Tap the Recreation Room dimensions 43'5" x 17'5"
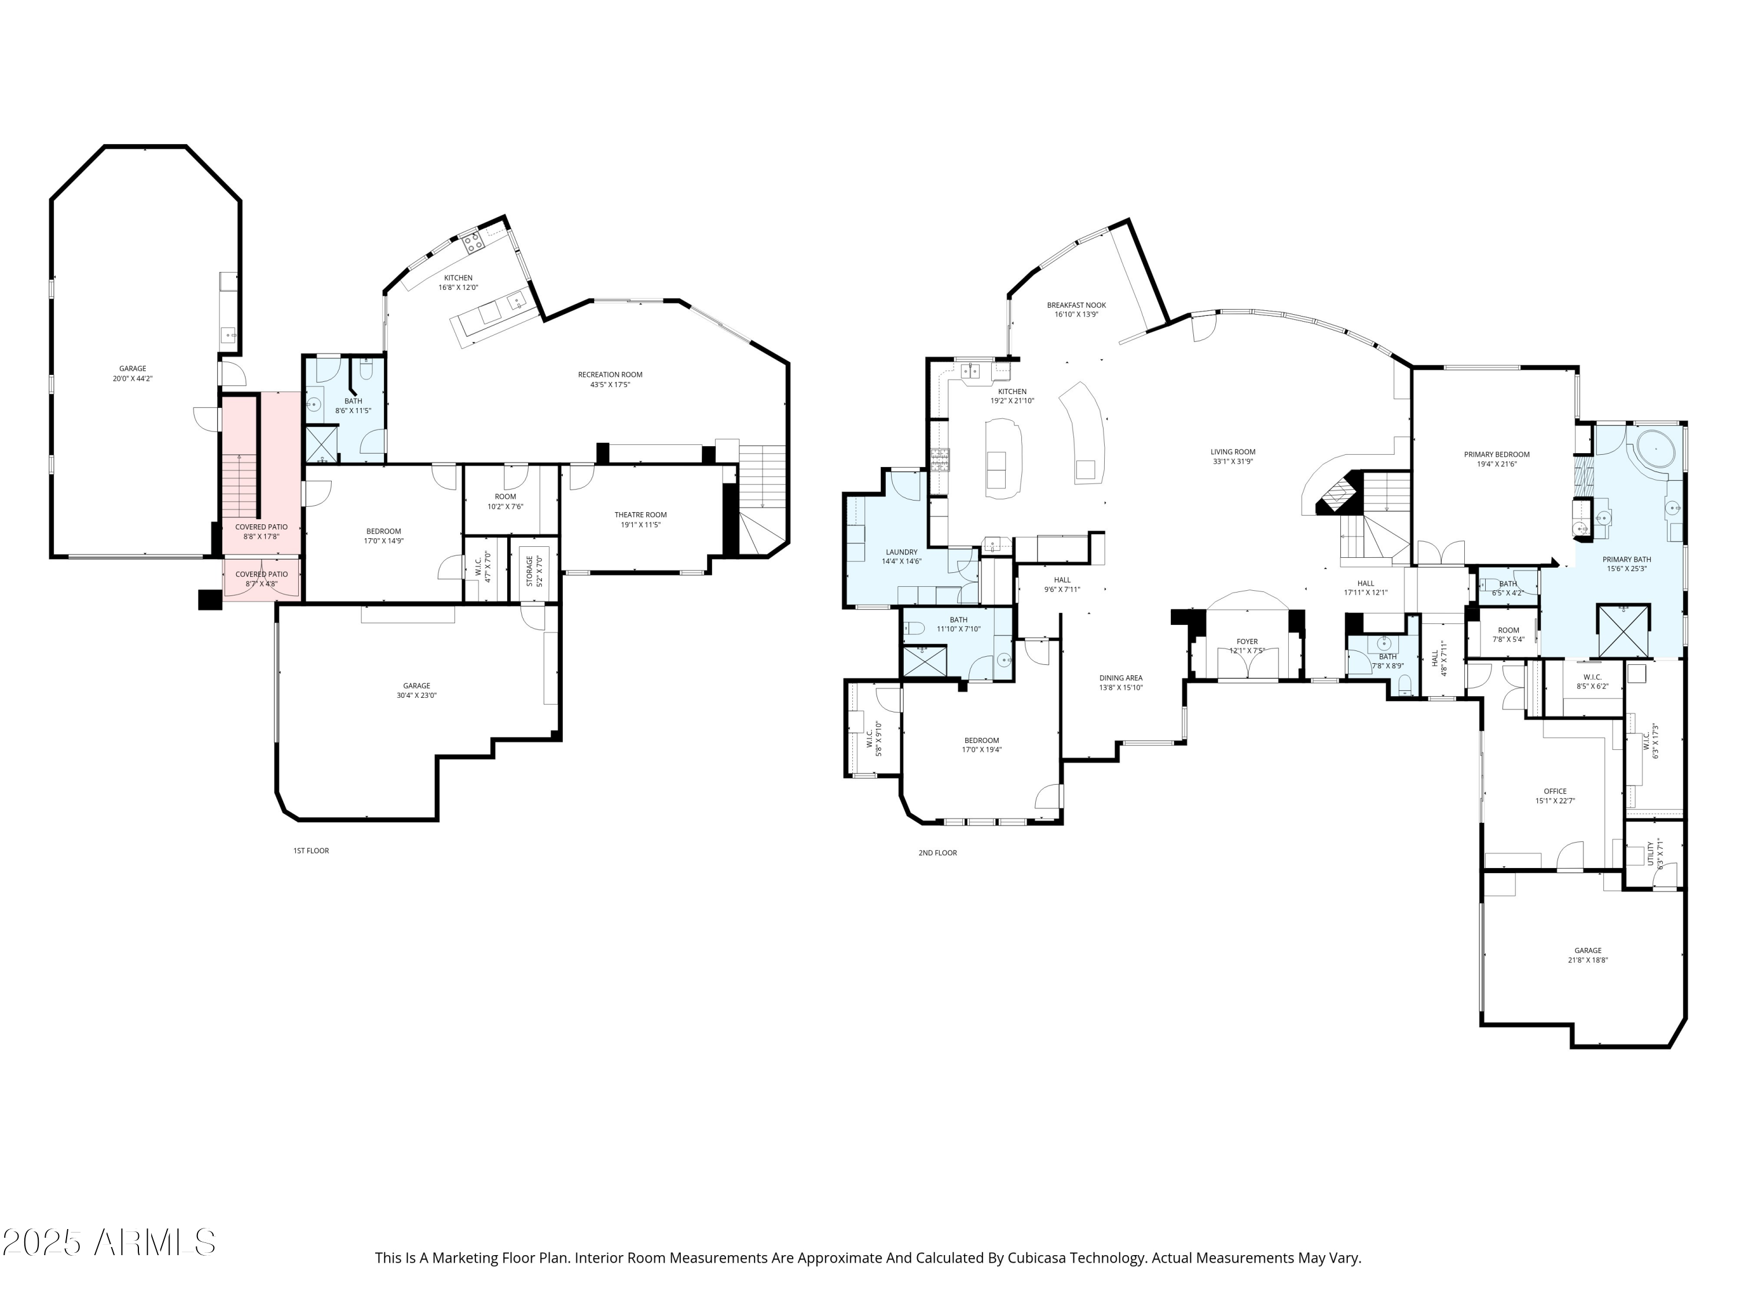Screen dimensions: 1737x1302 point(610,385)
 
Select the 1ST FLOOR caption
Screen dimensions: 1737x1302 point(311,851)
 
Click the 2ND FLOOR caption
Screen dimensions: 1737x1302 point(937,853)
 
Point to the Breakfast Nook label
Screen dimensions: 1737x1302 point(1076,306)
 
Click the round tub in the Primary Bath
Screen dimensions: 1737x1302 point(1655,450)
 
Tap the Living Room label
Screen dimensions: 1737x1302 point(1233,452)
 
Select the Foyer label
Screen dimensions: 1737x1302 point(1247,641)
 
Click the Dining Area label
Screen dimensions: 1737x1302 point(1120,678)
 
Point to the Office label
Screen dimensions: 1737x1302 point(1555,791)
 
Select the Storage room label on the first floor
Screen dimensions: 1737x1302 point(530,571)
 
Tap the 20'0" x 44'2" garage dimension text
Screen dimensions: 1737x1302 point(133,379)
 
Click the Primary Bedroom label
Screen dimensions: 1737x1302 point(1497,454)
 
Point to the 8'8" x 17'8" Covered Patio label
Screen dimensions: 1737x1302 point(262,527)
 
